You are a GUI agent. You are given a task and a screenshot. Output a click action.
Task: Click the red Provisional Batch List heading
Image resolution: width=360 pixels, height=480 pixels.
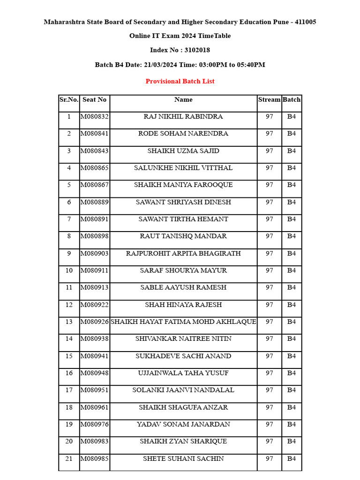(x=180, y=81)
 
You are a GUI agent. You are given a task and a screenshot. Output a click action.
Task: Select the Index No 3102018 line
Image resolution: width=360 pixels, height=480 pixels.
(x=180, y=50)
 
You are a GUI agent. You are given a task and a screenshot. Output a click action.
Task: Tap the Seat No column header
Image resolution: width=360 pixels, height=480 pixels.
(x=94, y=99)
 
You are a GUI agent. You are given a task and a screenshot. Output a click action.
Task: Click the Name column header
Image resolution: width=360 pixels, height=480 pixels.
(x=183, y=99)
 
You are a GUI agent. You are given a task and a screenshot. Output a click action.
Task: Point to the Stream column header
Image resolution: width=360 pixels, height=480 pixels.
(x=269, y=99)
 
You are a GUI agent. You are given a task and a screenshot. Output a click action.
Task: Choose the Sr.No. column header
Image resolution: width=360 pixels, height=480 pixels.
(x=69, y=99)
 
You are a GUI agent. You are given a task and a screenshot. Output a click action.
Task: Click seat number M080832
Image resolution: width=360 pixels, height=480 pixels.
(x=94, y=116)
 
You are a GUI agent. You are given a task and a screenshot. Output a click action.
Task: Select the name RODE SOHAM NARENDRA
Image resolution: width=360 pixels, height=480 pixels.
(x=183, y=134)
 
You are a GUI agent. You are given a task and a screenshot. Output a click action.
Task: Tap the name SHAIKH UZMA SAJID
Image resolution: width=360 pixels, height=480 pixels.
(x=183, y=151)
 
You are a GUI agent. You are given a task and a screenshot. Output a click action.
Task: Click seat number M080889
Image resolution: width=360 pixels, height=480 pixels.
(x=94, y=202)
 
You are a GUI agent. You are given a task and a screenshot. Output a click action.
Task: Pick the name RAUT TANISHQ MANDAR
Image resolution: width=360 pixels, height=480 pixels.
(x=183, y=236)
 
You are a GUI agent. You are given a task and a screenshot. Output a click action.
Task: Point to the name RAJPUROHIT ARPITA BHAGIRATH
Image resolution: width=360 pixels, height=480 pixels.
(x=183, y=254)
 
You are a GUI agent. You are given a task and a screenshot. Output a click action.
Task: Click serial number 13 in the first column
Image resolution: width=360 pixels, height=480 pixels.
(x=69, y=322)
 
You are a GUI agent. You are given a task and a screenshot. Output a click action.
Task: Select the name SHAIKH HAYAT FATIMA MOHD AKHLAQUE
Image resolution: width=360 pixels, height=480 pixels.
(x=183, y=322)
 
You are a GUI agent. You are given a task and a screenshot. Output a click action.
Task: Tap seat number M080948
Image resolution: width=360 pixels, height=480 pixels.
(x=94, y=373)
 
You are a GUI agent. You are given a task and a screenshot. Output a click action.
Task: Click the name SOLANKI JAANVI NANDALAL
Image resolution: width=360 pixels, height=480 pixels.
(x=183, y=390)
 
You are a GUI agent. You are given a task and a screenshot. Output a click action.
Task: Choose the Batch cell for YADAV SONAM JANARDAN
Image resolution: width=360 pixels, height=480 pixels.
(x=292, y=424)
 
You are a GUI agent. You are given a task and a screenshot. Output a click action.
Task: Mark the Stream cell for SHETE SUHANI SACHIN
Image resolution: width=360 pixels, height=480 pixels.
(x=269, y=458)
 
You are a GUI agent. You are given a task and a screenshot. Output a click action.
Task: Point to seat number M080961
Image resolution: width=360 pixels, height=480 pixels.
(x=94, y=407)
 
